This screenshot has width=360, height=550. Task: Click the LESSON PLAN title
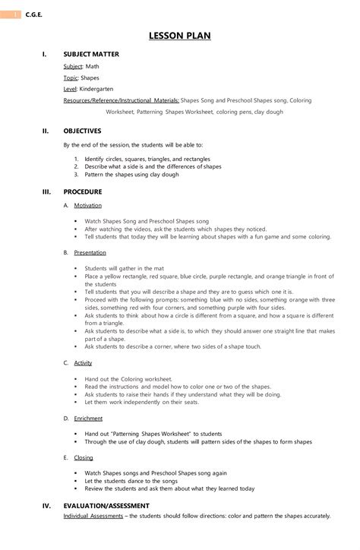click(x=180, y=36)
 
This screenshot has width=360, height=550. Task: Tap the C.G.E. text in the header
click(x=33, y=14)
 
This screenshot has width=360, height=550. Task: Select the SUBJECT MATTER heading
click(x=91, y=55)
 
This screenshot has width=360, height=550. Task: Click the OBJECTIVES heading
click(x=82, y=131)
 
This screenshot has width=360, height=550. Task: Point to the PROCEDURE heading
click(x=82, y=192)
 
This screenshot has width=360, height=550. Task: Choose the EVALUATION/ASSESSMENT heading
click(x=106, y=505)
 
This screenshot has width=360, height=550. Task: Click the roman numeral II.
click(x=46, y=131)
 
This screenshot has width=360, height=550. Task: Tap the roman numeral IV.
click(x=46, y=505)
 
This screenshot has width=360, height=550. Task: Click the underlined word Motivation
click(x=87, y=205)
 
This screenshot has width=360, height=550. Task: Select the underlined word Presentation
click(x=90, y=252)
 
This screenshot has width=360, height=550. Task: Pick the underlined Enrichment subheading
click(x=88, y=419)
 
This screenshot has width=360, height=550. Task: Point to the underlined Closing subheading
click(x=84, y=458)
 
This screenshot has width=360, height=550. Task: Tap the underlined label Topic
click(x=70, y=77)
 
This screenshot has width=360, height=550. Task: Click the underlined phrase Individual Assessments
click(x=93, y=516)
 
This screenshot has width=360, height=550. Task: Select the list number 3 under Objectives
click(x=77, y=175)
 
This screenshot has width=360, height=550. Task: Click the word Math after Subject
click(x=92, y=67)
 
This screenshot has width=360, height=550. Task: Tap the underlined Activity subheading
click(x=83, y=363)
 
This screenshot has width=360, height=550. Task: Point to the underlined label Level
click(x=70, y=89)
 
